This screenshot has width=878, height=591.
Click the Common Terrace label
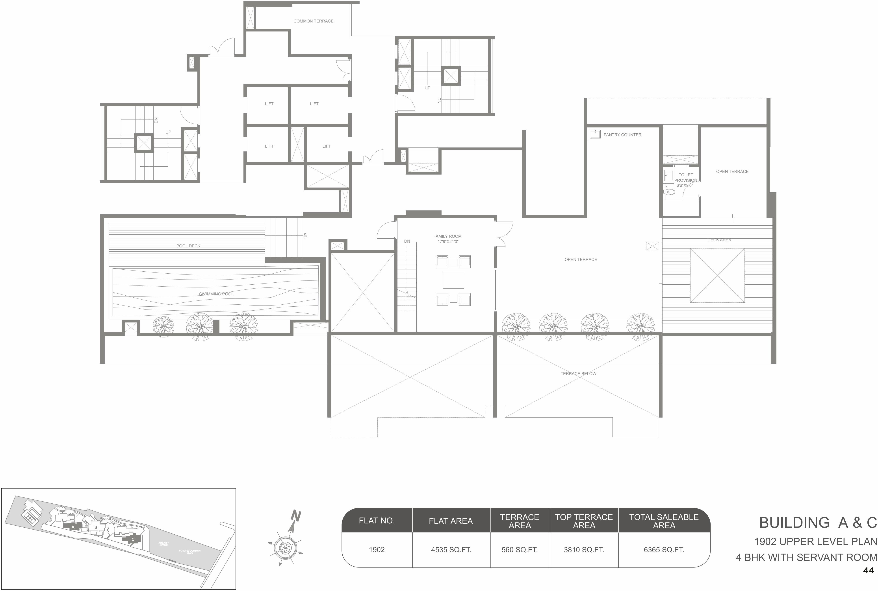(313, 21)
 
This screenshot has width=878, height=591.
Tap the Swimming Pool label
(216, 294)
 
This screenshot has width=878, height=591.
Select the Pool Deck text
(188, 246)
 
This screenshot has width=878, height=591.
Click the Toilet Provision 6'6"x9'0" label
(686, 180)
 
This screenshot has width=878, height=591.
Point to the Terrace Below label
(578, 374)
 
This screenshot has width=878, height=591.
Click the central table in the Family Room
(453, 280)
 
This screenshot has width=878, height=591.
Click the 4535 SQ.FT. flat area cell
(451, 550)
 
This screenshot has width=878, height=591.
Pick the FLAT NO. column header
(377, 521)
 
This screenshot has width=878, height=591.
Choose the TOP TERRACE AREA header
(584, 521)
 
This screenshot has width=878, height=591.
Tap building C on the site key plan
(133, 539)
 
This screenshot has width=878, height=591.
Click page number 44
(868, 571)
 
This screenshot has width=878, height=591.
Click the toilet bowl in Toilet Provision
(670, 192)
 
